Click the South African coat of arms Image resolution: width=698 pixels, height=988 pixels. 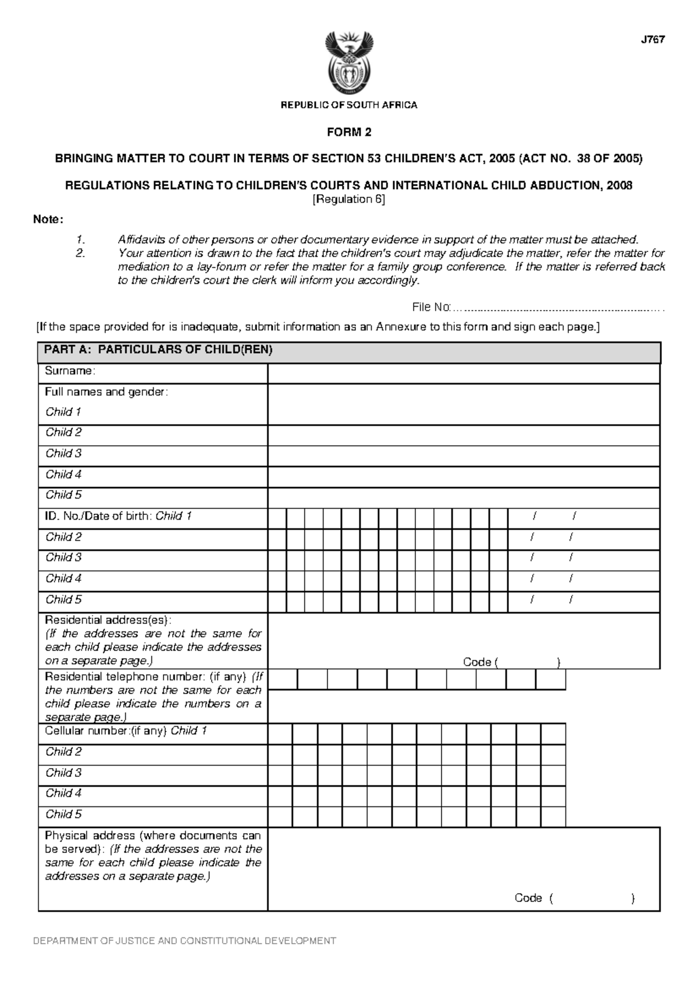[349, 64]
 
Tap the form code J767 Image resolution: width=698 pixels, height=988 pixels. [653, 40]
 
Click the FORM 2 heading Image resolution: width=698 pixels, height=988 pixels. [349, 132]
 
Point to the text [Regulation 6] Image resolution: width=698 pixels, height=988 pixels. [349, 200]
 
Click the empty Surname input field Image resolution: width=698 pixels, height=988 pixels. [463, 374]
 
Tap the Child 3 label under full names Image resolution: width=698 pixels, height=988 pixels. [63, 453]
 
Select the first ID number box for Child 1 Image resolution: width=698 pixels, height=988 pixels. [277, 518]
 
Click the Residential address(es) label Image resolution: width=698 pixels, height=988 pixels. [108, 620]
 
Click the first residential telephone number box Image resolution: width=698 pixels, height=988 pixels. [283, 679]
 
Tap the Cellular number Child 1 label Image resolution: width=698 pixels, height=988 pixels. [126, 731]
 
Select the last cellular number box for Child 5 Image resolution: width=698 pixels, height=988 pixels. [553, 816]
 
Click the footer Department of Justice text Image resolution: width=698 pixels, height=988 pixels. [184, 941]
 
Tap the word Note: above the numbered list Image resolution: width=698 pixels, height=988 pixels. [48, 220]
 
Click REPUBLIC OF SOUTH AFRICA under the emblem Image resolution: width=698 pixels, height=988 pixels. [349, 105]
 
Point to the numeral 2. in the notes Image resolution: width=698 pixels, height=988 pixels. [80, 253]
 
